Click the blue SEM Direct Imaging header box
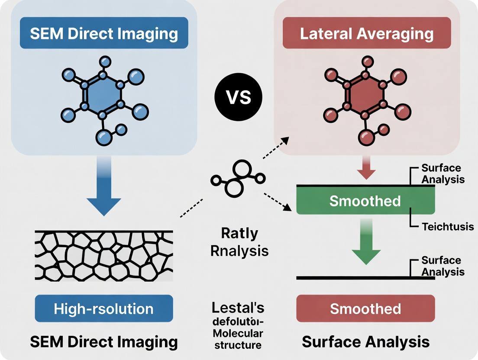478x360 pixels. pos(104,33)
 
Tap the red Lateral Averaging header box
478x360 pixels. pos(366,33)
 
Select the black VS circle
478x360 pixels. pos(239,97)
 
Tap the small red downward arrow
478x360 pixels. pos(365,172)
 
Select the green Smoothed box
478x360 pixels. pos(365,201)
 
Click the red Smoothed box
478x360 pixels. pos(365,309)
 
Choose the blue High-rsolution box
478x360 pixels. pos(103,309)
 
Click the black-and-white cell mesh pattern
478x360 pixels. pos(103,255)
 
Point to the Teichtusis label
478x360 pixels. pos(447,226)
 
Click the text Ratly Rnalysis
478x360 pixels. pos(239,242)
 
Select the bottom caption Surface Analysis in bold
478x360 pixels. pos(365,341)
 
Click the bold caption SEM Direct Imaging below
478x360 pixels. pos(104,341)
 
